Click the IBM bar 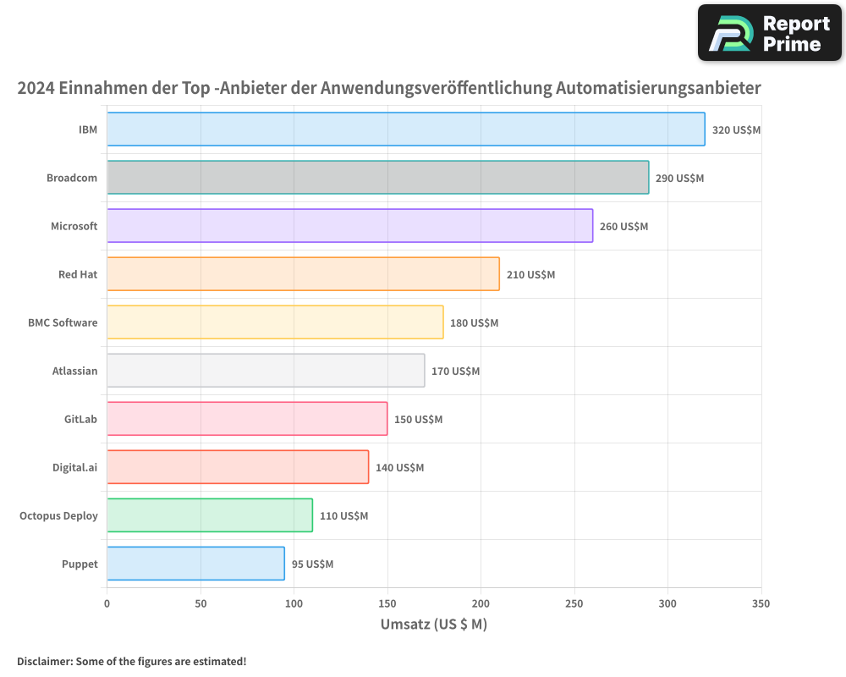406,129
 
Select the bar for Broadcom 378,178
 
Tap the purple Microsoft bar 349,226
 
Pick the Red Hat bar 303,274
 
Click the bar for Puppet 195,564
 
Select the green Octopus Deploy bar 210,515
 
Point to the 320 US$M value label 736,130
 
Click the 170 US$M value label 455,372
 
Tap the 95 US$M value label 312,564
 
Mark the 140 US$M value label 399,468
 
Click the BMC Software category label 63,322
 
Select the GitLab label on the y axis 80,419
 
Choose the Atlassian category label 74,371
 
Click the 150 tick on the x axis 387,604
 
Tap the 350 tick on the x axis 761,604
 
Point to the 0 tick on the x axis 107,604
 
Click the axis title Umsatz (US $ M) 433,625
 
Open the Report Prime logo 769,33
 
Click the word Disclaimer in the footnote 43,661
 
